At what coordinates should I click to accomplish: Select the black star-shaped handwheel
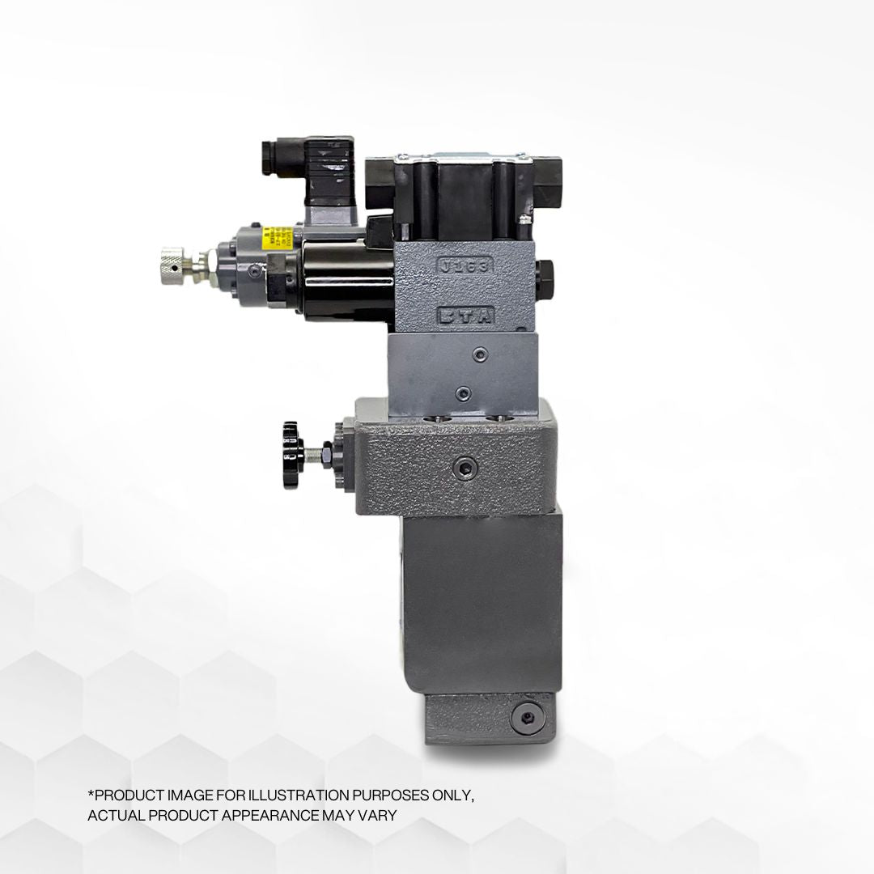[289, 443]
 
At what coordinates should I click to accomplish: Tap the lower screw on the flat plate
[462, 393]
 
